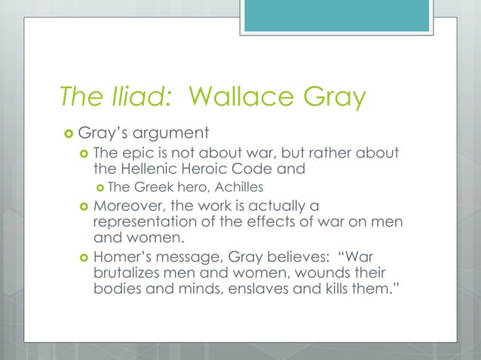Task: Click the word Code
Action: pyautogui.click(x=259, y=169)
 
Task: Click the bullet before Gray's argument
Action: pyautogui.click(x=69, y=135)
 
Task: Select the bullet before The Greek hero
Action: pyautogui.click(x=100, y=187)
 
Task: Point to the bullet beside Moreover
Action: pyautogui.click(x=83, y=206)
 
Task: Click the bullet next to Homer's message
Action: pyautogui.click(x=83, y=260)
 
